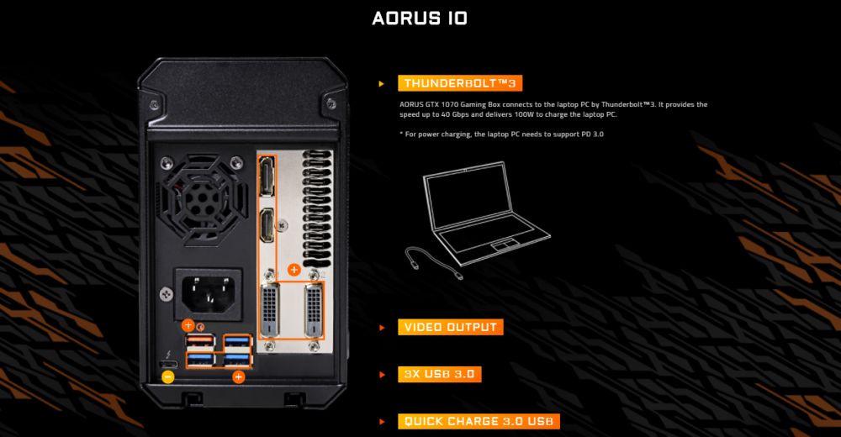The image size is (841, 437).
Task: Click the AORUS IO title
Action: tap(420, 18)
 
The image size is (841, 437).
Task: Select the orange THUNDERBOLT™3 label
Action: tap(462, 82)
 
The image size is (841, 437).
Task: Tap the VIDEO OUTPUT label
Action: tap(450, 327)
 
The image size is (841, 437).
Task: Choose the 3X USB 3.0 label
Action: tap(441, 374)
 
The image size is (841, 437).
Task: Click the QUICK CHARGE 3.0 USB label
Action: tap(479, 421)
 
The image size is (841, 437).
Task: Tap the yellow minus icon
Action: tap(168, 377)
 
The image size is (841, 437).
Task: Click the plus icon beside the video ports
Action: tap(294, 270)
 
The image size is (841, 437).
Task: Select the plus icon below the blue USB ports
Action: tap(238, 377)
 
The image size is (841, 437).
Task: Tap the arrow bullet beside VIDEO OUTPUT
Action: tap(382, 327)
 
